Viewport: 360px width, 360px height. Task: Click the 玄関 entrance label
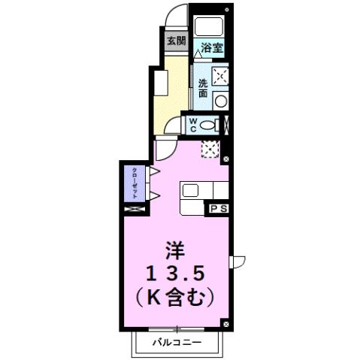click(x=176, y=42)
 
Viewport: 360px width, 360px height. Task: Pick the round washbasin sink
click(x=221, y=100)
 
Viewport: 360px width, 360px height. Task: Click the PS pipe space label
click(x=219, y=207)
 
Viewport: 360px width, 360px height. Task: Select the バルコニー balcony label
click(x=178, y=341)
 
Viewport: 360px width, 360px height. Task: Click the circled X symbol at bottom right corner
click(x=226, y=323)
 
